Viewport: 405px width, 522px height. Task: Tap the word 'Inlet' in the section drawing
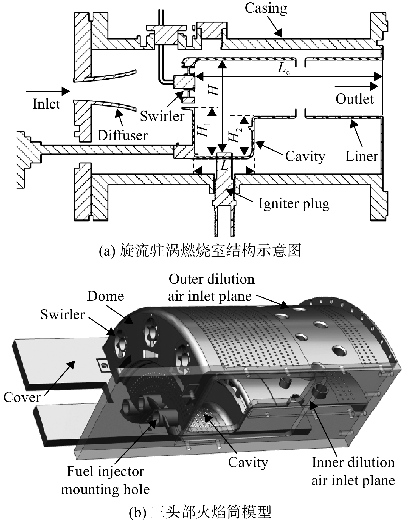46,104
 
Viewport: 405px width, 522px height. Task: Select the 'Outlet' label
355,99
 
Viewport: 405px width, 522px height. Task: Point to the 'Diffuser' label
122,135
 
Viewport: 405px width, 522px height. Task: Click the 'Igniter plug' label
294,204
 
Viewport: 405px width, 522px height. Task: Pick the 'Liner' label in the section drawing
362,157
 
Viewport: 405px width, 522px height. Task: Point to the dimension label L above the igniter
224,165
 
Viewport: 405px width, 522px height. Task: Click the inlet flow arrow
48,91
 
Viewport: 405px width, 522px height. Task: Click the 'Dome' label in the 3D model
106,297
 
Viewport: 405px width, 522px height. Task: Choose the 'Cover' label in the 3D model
22,398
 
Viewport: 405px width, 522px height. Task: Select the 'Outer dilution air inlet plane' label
211,288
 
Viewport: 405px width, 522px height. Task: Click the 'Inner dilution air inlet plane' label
353,472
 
